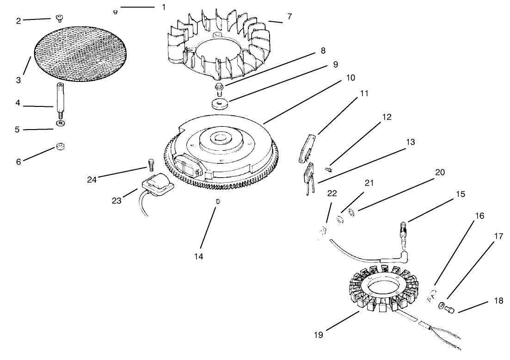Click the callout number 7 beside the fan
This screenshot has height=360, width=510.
coord(289,16)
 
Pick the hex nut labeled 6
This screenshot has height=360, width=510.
coord(59,147)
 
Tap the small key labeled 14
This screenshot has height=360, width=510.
coord(217,201)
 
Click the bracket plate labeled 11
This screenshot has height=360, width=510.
coord(307,149)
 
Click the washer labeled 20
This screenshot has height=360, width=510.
coord(350,213)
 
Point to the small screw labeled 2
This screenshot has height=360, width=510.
coord(59,18)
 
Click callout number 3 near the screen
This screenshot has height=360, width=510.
coord(18,80)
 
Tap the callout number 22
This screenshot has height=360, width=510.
coord(332,192)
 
